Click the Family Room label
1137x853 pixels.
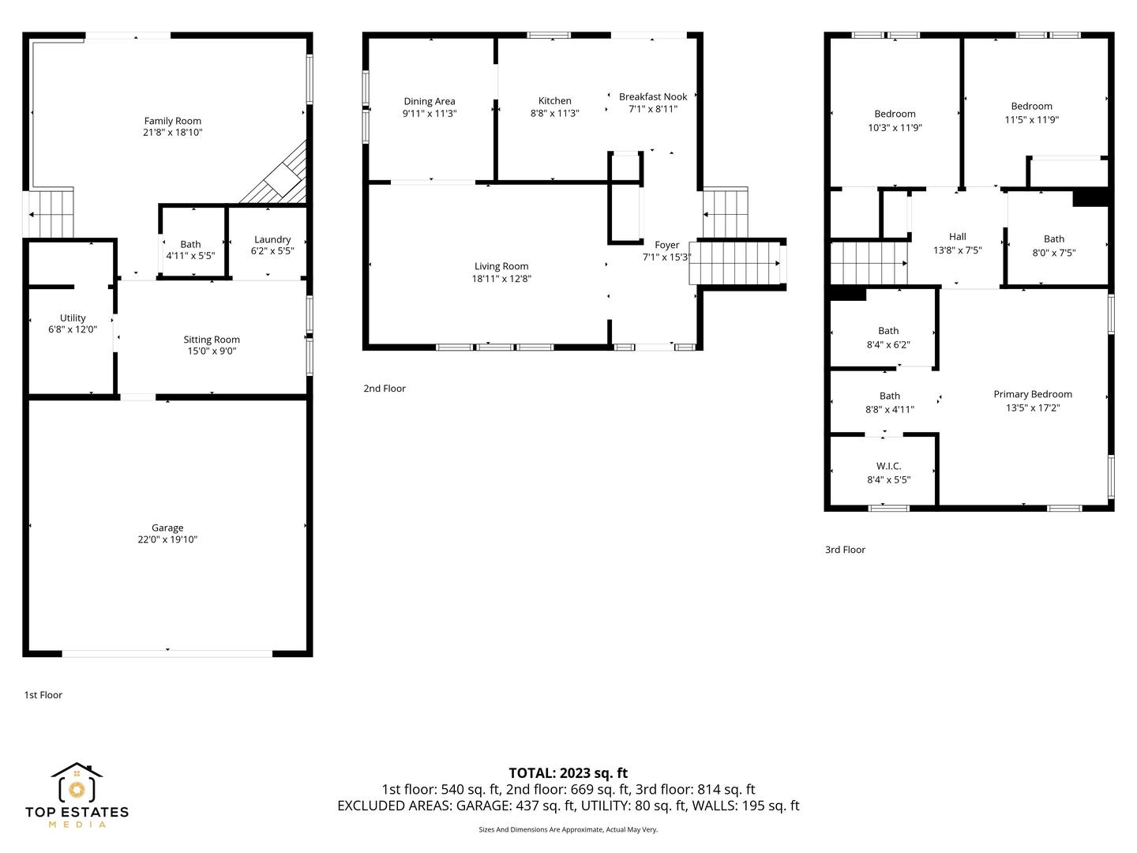(172, 121)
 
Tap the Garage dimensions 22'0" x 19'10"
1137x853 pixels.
(167, 539)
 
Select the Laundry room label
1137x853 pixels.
(272, 239)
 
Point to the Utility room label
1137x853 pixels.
(73, 318)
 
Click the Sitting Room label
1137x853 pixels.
(212, 340)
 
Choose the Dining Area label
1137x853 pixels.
(430, 101)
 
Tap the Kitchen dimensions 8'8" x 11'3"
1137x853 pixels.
(554, 113)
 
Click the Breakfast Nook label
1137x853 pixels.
(653, 96)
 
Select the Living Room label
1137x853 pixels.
(501, 265)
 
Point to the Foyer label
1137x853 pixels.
(666, 245)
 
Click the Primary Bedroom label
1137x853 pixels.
(1032, 393)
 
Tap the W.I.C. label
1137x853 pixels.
(888, 466)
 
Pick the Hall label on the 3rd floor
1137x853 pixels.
(957, 236)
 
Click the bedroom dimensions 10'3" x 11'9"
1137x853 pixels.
(895, 127)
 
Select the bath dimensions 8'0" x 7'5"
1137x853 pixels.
(1053, 252)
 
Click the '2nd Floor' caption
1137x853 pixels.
(385, 388)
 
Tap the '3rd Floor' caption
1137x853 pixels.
(845, 550)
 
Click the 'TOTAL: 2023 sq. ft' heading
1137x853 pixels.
(568, 772)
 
